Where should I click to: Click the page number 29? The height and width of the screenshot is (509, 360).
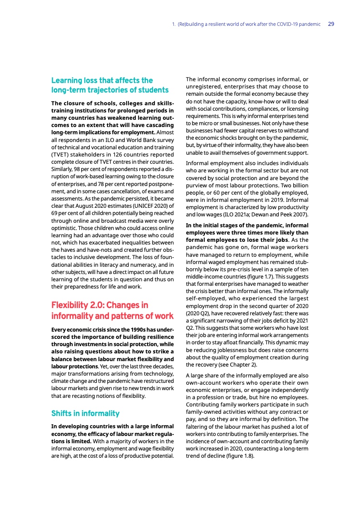pyautogui.click(x=331, y=24)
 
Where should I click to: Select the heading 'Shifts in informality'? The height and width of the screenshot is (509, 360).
pyautogui.click(x=85, y=413)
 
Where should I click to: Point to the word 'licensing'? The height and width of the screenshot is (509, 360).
pyautogui.click(x=294, y=109)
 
